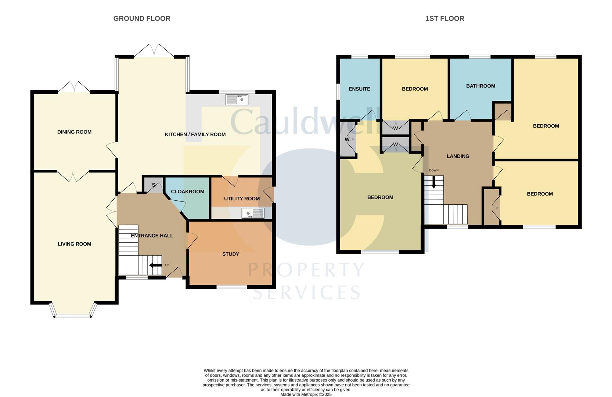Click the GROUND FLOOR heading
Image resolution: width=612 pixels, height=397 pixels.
[x=142, y=18]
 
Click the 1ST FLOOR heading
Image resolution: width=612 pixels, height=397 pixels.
[x=444, y=18]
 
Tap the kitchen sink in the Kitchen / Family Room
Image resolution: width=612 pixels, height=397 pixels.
[x=237, y=100]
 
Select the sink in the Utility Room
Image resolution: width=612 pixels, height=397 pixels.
[x=253, y=213]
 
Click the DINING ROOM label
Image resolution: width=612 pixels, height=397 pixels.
[x=74, y=132]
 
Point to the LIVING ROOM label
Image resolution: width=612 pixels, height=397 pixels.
[x=74, y=244]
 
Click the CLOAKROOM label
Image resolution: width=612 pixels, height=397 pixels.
[x=187, y=192]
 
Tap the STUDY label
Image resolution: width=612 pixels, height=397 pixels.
[x=231, y=254]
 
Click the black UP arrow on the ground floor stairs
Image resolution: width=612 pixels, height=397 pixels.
[x=155, y=265]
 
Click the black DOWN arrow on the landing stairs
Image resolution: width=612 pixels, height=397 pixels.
[x=434, y=182]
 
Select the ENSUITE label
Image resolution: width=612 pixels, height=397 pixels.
[x=359, y=89]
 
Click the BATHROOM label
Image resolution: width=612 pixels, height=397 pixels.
[x=480, y=86]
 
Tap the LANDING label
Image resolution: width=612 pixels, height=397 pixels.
[x=458, y=156]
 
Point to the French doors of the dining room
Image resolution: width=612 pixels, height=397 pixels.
[x=74, y=87]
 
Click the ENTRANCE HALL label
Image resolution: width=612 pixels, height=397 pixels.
[x=152, y=236]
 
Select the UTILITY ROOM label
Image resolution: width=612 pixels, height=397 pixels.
[x=242, y=198]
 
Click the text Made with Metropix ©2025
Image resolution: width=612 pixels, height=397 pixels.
[x=306, y=394]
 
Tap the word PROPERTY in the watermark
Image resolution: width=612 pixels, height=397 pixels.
[x=306, y=270]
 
